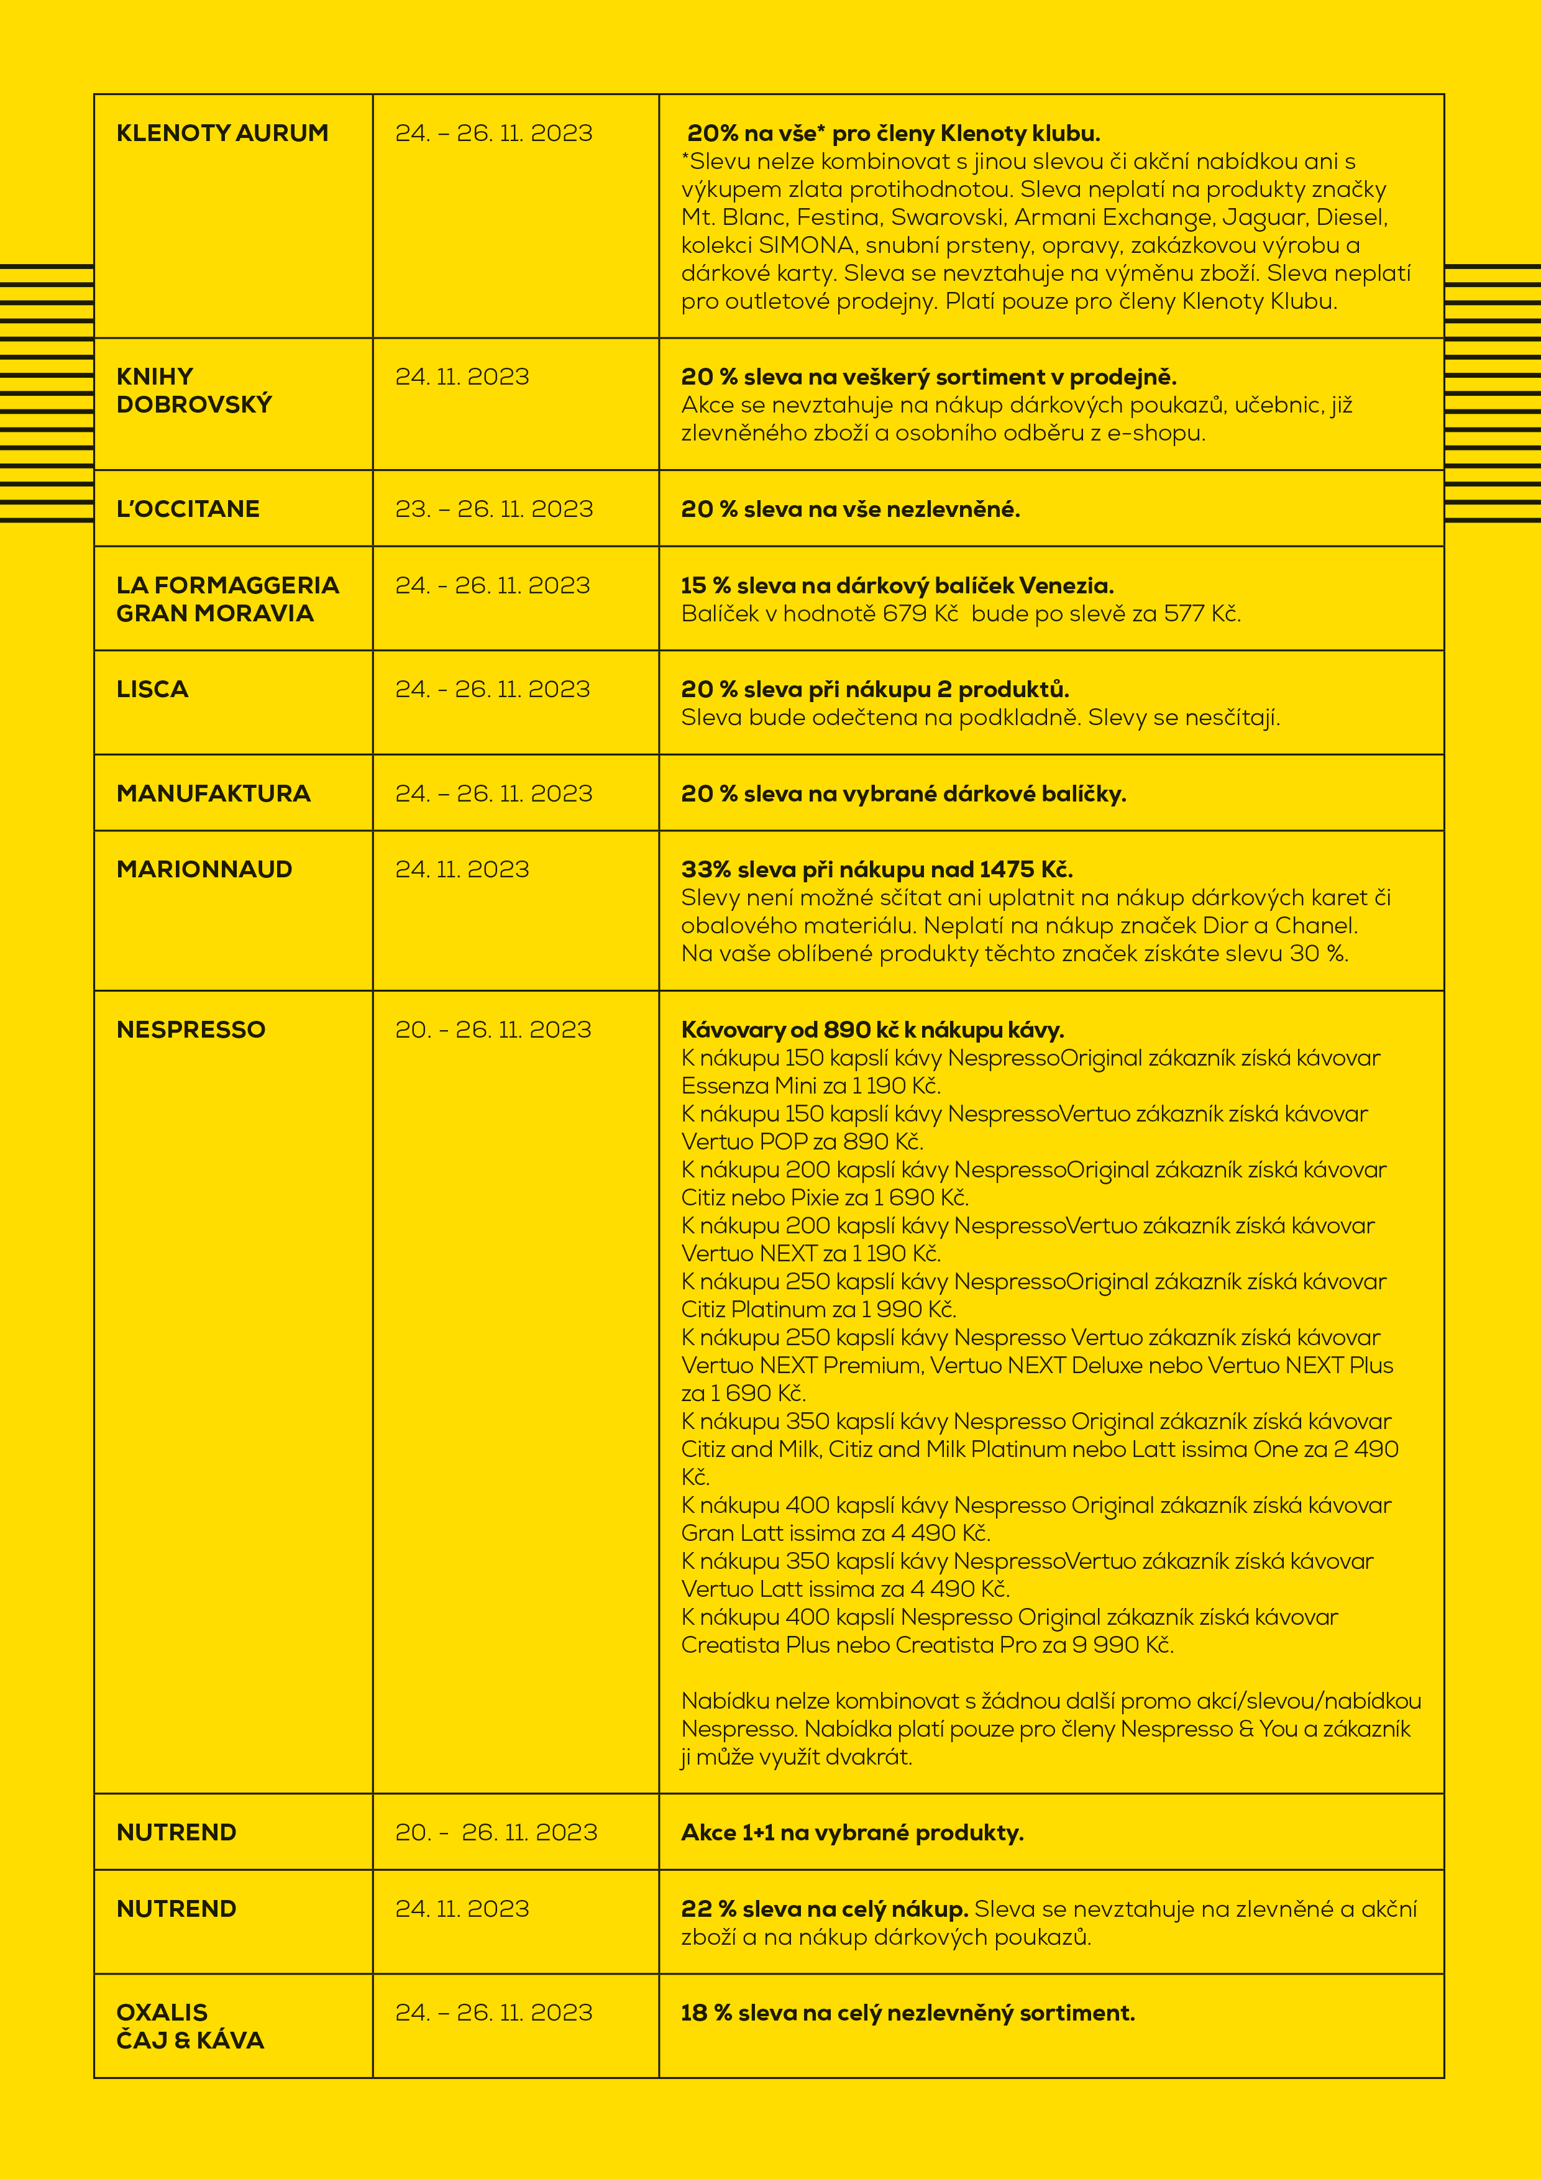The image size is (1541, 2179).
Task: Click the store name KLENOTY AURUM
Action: coord(222,133)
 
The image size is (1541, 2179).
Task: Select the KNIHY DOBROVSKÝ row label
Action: coord(194,390)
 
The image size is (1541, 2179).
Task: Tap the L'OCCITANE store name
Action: coord(188,509)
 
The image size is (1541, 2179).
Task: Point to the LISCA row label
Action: coord(152,689)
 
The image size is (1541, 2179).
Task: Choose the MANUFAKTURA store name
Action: coord(214,793)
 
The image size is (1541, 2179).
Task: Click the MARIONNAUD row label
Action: coord(204,869)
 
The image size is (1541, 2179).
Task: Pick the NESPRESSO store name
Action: coord(191,1030)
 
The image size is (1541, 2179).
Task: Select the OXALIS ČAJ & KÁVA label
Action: coord(190,2026)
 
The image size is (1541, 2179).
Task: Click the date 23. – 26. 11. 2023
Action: coord(493,509)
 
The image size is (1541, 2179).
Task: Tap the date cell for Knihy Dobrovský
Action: coord(462,377)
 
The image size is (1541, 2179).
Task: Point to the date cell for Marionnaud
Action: coord(462,869)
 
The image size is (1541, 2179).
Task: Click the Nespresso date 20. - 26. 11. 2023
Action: coord(493,1030)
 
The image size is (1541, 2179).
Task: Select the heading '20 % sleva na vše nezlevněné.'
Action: coord(850,509)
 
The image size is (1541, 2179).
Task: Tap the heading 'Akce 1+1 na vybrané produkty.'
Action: coord(852,1832)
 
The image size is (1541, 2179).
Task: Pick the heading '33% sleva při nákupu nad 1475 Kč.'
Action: coord(877,869)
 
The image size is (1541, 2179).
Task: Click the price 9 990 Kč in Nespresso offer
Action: coord(1122,1645)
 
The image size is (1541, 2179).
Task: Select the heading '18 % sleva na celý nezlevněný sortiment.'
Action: coord(907,2013)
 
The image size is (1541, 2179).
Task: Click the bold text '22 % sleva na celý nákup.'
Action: coord(824,1909)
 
